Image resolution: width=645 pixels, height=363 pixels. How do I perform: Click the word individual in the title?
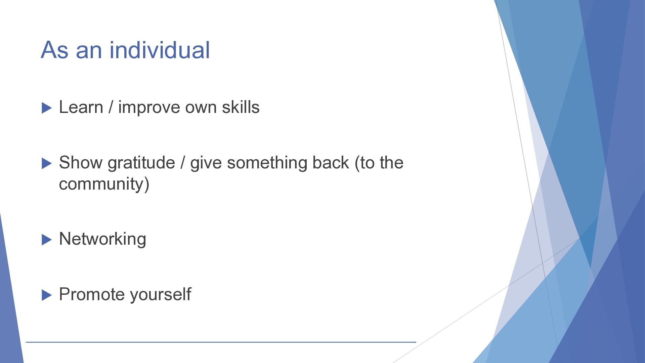tap(160, 50)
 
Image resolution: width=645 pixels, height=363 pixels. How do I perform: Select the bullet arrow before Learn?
tap(47, 108)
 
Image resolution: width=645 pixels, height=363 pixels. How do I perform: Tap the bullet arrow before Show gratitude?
tap(47, 164)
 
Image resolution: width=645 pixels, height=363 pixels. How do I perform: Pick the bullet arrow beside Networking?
tap(47, 240)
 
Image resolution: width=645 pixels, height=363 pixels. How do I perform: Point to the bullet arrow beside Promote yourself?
tap(47, 295)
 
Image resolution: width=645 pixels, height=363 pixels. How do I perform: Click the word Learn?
tap(81, 107)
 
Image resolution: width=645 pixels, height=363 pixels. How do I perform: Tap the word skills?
tap(241, 107)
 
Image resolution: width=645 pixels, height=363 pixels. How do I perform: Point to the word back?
tap(331, 163)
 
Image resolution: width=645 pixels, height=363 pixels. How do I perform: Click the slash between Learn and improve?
tap(111, 108)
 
